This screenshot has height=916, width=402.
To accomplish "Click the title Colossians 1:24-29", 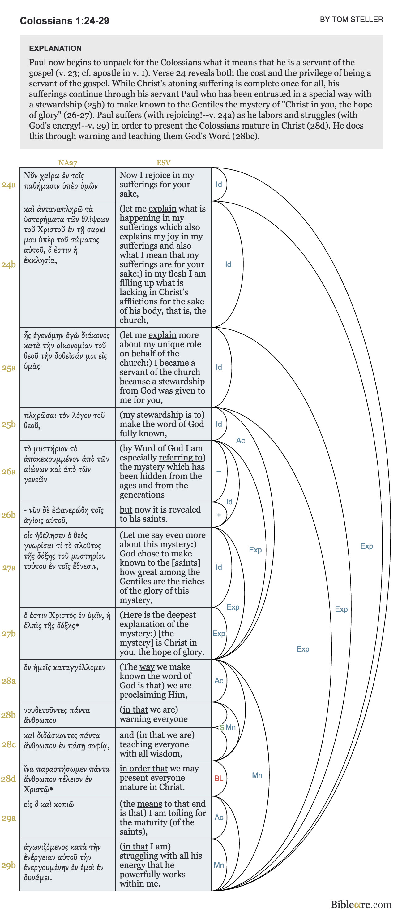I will [x=64, y=21].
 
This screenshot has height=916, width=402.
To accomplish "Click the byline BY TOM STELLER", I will [x=351, y=20].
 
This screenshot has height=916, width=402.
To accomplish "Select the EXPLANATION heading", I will [x=55, y=48].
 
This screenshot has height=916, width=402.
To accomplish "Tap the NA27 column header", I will [x=67, y=163].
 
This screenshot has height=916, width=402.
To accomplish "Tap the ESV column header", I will [x=163, y=163].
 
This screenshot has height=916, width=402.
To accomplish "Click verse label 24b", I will [x=9, y=264].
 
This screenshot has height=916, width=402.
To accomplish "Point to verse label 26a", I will [x=9, y=472].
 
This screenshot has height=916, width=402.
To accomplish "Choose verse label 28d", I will [x=9, y=779].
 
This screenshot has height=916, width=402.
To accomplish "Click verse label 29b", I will [x=9, y=865].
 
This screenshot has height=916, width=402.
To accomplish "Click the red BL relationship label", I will [x=219, y=779].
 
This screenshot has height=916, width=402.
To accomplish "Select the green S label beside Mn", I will [x=222, y=727].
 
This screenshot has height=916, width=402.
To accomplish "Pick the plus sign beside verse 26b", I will [x=219, y=515].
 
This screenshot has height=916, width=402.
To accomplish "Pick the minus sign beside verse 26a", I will [x=219, y=472].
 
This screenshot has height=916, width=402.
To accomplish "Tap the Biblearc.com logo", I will [x=361, y=904].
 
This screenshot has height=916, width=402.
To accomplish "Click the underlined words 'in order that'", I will [x=143, y=768].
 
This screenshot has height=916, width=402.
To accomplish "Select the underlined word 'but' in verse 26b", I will [x=126, y=510].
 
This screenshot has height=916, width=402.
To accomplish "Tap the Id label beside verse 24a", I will [x=219, y=185].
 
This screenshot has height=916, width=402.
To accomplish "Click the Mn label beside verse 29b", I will [x=219, y=865].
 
